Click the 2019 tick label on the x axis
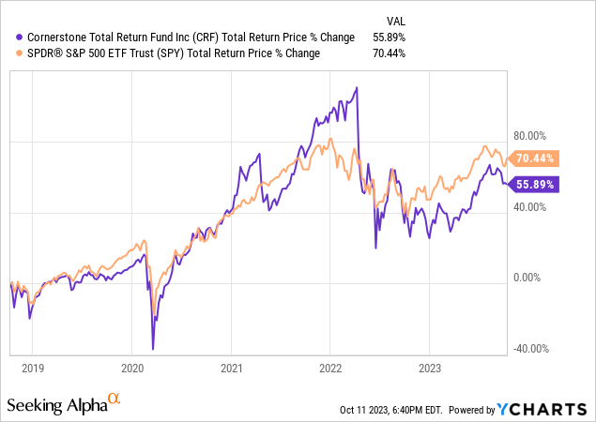pos(32,369)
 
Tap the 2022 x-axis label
pos(330,369)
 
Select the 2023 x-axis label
pos(430,369)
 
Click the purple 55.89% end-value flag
pos(536,185)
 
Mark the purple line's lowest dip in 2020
pos(152,349)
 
